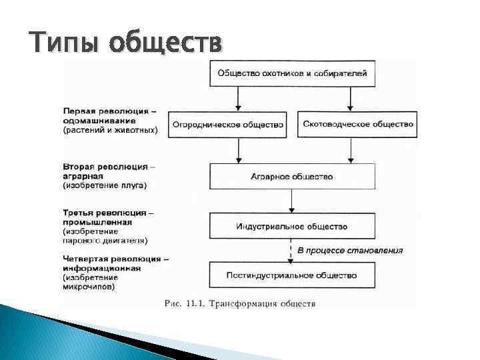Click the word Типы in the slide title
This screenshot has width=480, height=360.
pyautogui.click(x=64, y=44)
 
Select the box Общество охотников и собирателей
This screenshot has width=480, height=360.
pyautogui.click(x=291, y=73)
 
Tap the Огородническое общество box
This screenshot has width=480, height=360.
pyautogui.click(x=227, y=124)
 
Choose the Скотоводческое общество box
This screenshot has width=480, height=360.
pyautogui.click(x=357, y=124)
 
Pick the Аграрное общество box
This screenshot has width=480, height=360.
pyautogui.click(x=291, y=177)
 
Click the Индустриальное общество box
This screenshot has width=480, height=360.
pyautogui.click(x=291, y=227)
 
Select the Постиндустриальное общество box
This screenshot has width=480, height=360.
pyautogui.click(x=291, y=275)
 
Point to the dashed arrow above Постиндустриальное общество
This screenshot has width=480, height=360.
pyautogui.click(x=291, y=251)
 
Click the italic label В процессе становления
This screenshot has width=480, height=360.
pyautogui.click(x=350, y=251)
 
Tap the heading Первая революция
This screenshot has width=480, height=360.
pyautogui.click(x=107, y=111)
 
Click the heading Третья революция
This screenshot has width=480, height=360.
pyautogui.click(x=105, y=213)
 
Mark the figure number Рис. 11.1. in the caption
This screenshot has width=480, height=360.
pyautogui.click(x=184, y=304)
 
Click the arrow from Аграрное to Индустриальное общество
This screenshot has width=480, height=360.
pyautogui.click(x=291, y=201)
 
